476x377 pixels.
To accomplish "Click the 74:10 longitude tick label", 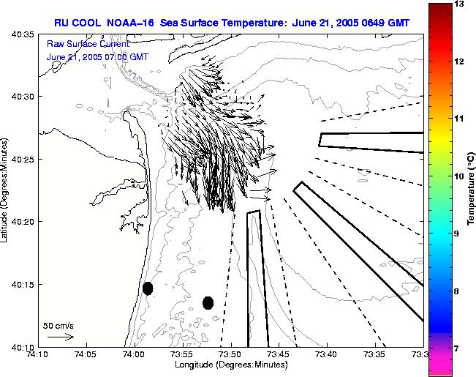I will click(x=38, y=354).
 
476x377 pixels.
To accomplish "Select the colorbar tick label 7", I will click(x=460, y=348).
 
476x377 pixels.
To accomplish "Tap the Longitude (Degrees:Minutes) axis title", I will click(x=230, y=365).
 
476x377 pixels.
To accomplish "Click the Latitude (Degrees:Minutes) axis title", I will click(x=6, y=190).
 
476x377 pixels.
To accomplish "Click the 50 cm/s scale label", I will click(x=58, y=325).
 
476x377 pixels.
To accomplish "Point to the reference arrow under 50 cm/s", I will click(x=60, y=337).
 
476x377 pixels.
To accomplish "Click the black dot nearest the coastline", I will click(x=148, y=288).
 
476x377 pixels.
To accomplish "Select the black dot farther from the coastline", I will click(x=208, y=302).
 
